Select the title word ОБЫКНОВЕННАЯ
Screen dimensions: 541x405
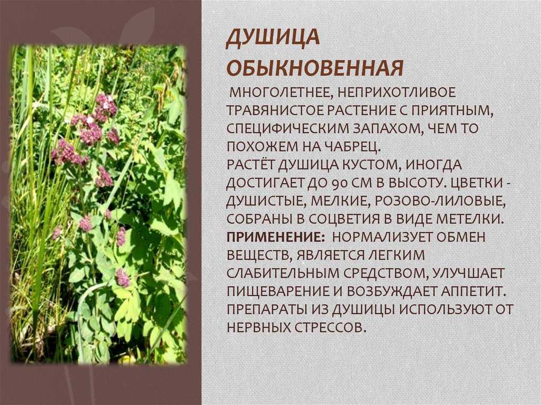point(315,68)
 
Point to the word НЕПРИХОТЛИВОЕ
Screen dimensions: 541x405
point(396,92)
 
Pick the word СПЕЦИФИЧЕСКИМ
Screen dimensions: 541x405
point(288,129)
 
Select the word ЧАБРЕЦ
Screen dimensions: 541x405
point(352,147)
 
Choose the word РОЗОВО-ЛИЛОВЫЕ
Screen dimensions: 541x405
point(440,201)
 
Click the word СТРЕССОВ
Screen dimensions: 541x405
point(330,327)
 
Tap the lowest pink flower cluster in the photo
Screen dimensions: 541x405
point(123,278)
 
